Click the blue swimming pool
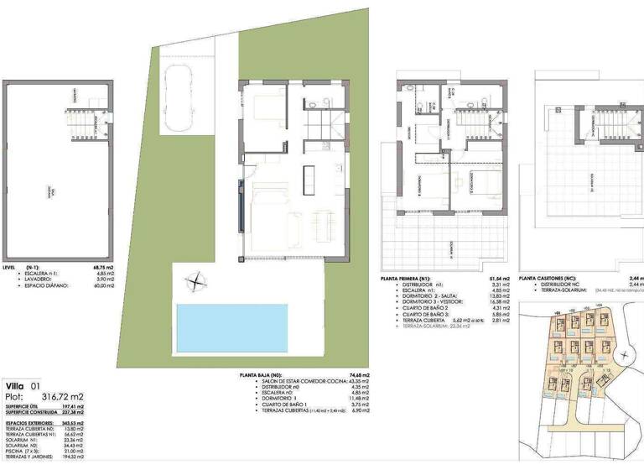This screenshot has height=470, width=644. [x=231, y=328]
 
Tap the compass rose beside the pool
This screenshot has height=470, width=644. [x=195, y=283]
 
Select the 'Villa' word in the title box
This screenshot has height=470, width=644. [x=17, y=385]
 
